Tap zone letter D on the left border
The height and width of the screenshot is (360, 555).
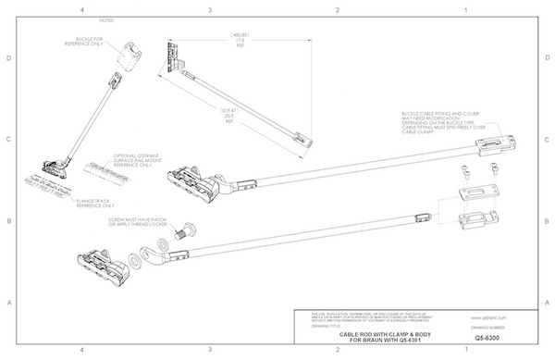[x=8, y=58]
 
